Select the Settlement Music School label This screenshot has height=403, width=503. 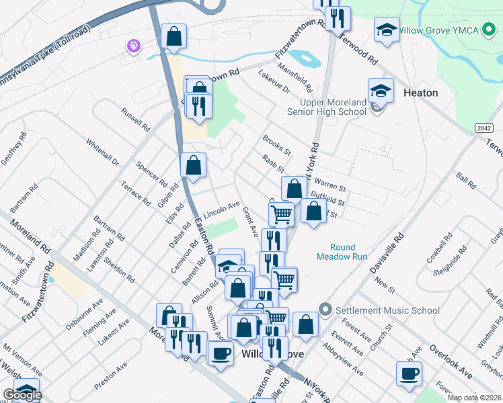pos(388,310)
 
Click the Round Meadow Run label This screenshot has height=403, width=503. pos(348,251)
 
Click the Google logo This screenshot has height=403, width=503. pos(22,395)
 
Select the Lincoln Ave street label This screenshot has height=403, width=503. pos(221,207)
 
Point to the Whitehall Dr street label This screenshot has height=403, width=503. pos(102,152)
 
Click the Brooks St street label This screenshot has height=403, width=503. pos(276,144)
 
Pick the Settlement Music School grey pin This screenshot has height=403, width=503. pos(326,310)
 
